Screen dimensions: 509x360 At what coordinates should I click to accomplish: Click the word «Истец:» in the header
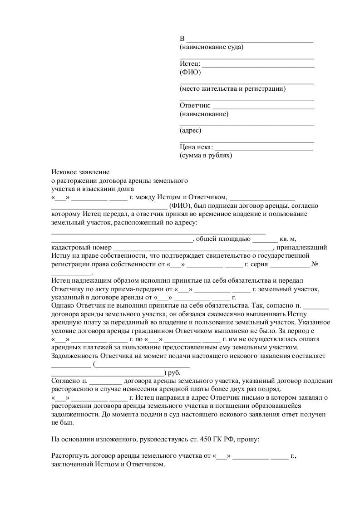click(x=190, y=64)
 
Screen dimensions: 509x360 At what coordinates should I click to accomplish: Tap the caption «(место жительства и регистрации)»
click(x=232, y=88)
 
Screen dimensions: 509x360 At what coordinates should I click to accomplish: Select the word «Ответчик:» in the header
click(x=195, y=106)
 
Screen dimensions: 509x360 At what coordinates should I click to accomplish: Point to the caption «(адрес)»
click(x=191, y=131)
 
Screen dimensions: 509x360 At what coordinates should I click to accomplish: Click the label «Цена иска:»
click(x=197, y=147)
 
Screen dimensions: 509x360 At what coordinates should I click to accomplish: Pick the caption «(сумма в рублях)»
click(x=206, y=155)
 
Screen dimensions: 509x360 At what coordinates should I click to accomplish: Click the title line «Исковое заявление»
click(x=80, y=172)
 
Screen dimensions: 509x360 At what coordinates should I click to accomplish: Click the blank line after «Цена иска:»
click(x=263, y=149)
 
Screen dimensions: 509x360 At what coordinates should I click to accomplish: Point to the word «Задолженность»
click(x=74, y=356)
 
